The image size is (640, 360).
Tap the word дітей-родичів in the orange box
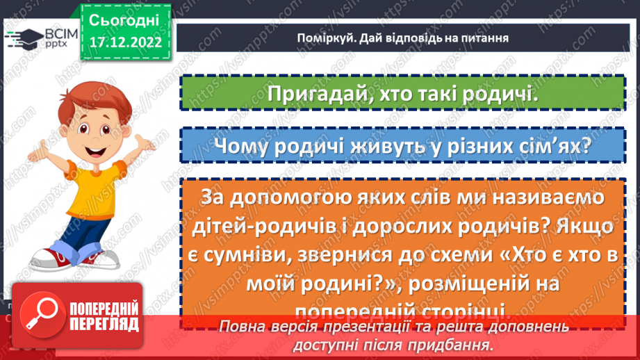[x=264, y=226]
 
